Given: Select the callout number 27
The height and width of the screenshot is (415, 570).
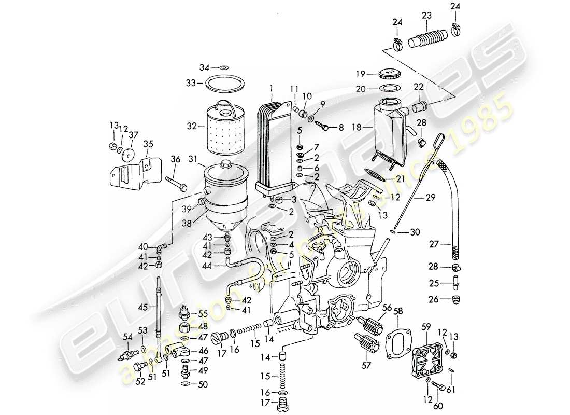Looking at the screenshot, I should click(x=434, y=243).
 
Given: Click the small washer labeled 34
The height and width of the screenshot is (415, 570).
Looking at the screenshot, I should click(x=223, y=67).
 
